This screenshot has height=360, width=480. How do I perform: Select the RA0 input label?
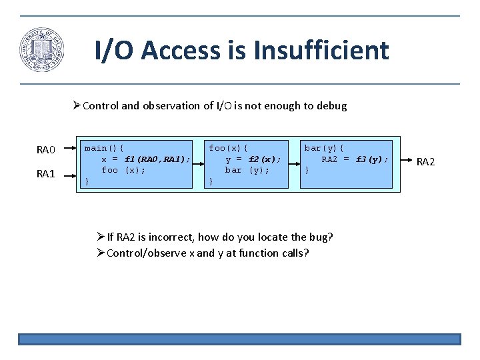(46, 150)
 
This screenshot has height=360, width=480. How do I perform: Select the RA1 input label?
(46, 174)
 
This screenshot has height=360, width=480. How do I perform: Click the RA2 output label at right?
(426, 161)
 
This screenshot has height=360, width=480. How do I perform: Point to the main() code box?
(137, 164)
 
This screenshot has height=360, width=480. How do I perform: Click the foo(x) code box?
(245, 164)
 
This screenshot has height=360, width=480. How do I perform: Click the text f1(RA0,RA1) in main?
(157, 159)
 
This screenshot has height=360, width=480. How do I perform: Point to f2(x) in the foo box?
(265, 159)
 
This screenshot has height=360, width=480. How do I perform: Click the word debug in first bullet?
(333, 106)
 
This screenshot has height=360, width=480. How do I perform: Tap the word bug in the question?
(322, 237)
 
